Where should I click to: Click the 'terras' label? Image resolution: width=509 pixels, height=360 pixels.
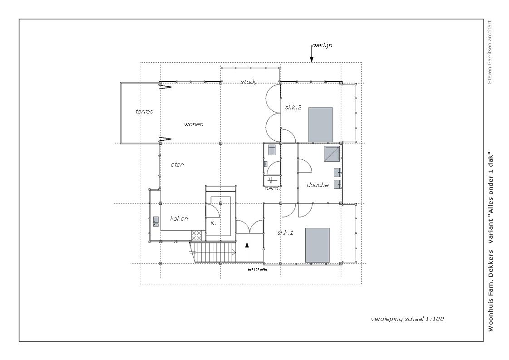pos(144,111)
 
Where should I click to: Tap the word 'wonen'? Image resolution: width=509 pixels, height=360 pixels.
pos(194,124)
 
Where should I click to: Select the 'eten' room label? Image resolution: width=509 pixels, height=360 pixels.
pos(177,165)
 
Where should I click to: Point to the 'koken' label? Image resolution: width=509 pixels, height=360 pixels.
pos(179,219)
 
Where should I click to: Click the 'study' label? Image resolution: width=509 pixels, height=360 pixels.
pos(249,82)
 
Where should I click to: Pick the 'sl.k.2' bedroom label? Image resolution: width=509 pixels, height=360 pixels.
pos(293,108)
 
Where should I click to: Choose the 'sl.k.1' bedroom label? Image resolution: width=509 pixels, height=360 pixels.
pos(285,232)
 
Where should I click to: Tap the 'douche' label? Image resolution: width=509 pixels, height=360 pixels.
pos(318,185)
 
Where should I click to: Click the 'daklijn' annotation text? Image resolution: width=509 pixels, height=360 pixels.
pos(322,45)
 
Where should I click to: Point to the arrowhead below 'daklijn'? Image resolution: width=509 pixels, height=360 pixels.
pos(312,59)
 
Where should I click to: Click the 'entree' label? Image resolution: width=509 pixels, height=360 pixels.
pos(257,269)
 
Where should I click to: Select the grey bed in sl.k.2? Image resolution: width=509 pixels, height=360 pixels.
pos(321,125)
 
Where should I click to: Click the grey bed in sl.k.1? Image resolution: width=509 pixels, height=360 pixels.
pos(318,245)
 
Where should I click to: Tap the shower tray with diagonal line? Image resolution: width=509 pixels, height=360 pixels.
pos(332,154)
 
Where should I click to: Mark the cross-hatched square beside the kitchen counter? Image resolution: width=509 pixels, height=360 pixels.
pos(196,236)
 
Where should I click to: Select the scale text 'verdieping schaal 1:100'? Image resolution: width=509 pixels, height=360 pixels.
pos(407,319)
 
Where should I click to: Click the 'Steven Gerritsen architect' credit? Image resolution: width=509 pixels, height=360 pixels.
pos(489,52)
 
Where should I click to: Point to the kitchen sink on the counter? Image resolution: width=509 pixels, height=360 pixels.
pos(156,221)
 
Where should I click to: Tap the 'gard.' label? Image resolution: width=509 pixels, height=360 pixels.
pos(272,188)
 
